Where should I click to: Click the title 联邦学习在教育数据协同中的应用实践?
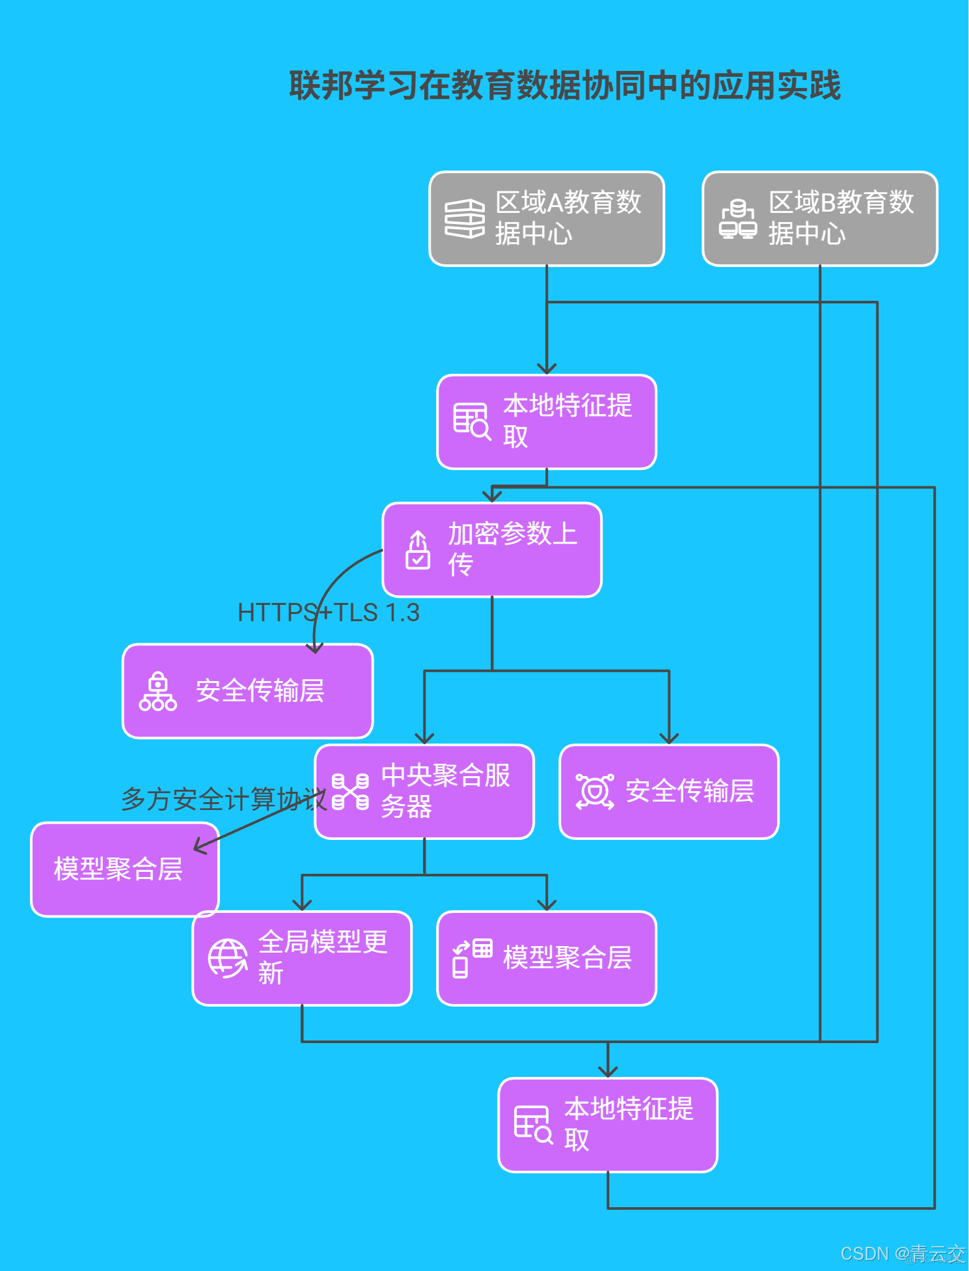click(x=565, y=86)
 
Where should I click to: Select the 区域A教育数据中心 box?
click(x=547, y=219)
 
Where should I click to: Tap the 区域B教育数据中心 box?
click(x=820, y=219)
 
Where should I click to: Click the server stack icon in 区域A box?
click(x=465, y=219)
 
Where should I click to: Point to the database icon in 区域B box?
click(x=738, y=219)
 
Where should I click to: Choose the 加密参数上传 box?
click(x=492, y=550)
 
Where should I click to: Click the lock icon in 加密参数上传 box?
click(x=418, y=550)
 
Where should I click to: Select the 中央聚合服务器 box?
click(x=424, y=792)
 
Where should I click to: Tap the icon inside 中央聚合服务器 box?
click(x=350, y=792)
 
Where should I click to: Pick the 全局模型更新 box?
click(x=302, y=958)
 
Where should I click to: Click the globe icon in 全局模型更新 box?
click(x=227, y=958)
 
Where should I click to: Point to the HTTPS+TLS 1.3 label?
click(x=329, y=613)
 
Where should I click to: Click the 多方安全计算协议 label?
click(x=223, y=799)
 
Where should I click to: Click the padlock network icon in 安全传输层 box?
click(x=157, y=691)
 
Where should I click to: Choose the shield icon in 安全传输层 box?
click(x=595, y=792)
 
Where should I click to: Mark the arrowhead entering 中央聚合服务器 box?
click(x=424, y=739)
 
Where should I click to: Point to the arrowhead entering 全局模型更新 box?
click(x=302, y=905)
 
